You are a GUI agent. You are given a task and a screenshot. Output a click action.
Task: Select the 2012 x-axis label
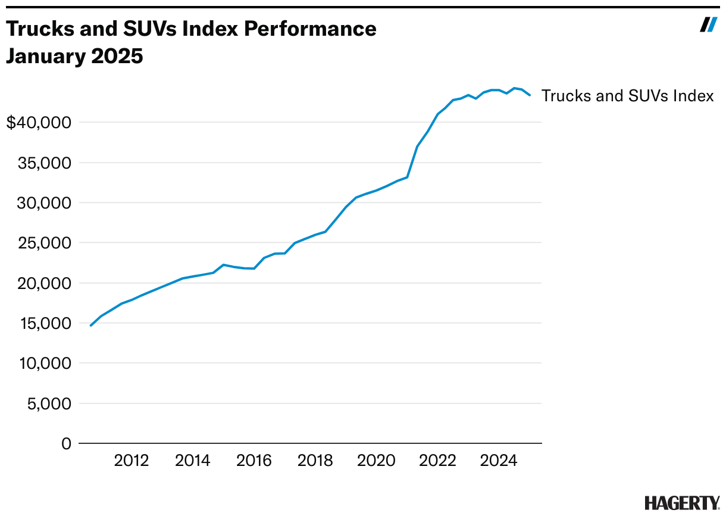click(x=131, y=461)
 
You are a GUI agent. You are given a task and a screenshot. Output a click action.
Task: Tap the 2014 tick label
click(x=193, y=461)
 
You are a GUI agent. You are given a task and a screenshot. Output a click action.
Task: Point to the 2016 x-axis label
click(x=254, y=461)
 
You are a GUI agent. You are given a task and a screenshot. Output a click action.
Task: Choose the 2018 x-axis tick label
click(x=315, y=461)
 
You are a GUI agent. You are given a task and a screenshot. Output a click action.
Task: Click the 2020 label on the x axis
click(x=377, y=461)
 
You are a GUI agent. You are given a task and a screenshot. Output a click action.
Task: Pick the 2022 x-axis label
click(x=438, y=461)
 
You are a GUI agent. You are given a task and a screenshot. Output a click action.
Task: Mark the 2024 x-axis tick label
click(x=499, y=461)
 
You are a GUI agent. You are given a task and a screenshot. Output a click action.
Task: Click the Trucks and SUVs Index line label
click(x=627, y=96)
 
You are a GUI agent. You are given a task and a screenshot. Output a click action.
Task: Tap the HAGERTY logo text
click(x=682, y=502)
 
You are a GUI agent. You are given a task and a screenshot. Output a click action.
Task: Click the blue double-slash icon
click(x=708, y=25)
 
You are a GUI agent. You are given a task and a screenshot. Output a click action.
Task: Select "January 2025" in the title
click(x=75, y=57)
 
